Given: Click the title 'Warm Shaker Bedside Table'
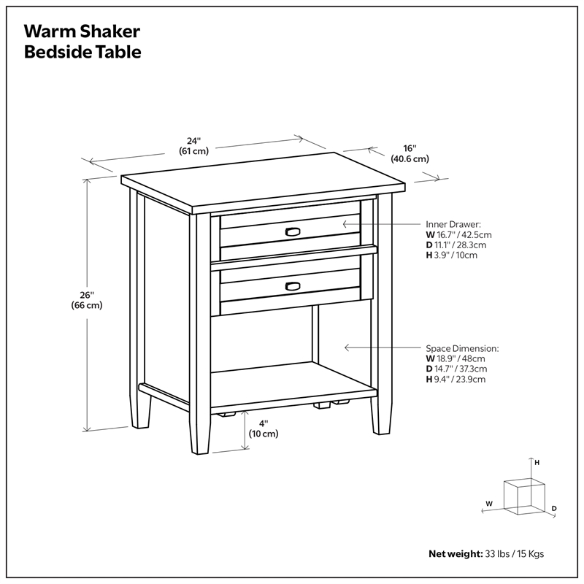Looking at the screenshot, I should tap(82, 42).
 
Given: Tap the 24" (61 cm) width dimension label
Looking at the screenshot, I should tap(193, 146).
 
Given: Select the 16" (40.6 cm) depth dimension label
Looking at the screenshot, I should tap(409, 153).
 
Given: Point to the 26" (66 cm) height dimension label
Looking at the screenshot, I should tap(87, 300).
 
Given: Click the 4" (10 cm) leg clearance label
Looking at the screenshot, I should tap(264, 428).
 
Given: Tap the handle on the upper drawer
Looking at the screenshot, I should tap(292, 231).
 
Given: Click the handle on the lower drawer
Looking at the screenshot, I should tap(292, 285).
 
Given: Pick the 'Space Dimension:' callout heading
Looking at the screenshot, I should tap(463, 348).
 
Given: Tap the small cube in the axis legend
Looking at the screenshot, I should tap(523, 493).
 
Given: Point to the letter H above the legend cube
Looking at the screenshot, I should tap(537, 463).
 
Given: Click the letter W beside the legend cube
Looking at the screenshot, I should tap(490, 504).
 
